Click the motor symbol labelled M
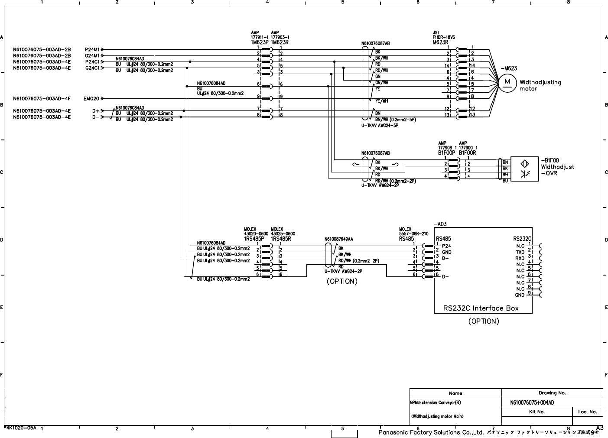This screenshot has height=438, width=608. (506, 82)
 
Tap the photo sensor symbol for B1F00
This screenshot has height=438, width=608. (524, 169)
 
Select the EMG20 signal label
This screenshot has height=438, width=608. (91, 99)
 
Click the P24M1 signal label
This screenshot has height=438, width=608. (93, 49)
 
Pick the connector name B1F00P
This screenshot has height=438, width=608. (446, 153)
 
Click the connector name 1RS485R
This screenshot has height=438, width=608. (280, 239)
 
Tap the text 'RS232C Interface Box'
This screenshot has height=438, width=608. (481, 308)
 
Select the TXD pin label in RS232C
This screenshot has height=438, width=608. (520, 252)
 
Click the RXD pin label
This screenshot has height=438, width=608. (520, 258)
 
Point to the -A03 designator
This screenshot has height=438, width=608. (440, 224)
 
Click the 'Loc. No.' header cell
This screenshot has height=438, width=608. (587, 412)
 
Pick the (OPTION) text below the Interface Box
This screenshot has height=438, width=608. (483, 321)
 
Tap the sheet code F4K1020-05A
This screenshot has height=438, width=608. (20, 427)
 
